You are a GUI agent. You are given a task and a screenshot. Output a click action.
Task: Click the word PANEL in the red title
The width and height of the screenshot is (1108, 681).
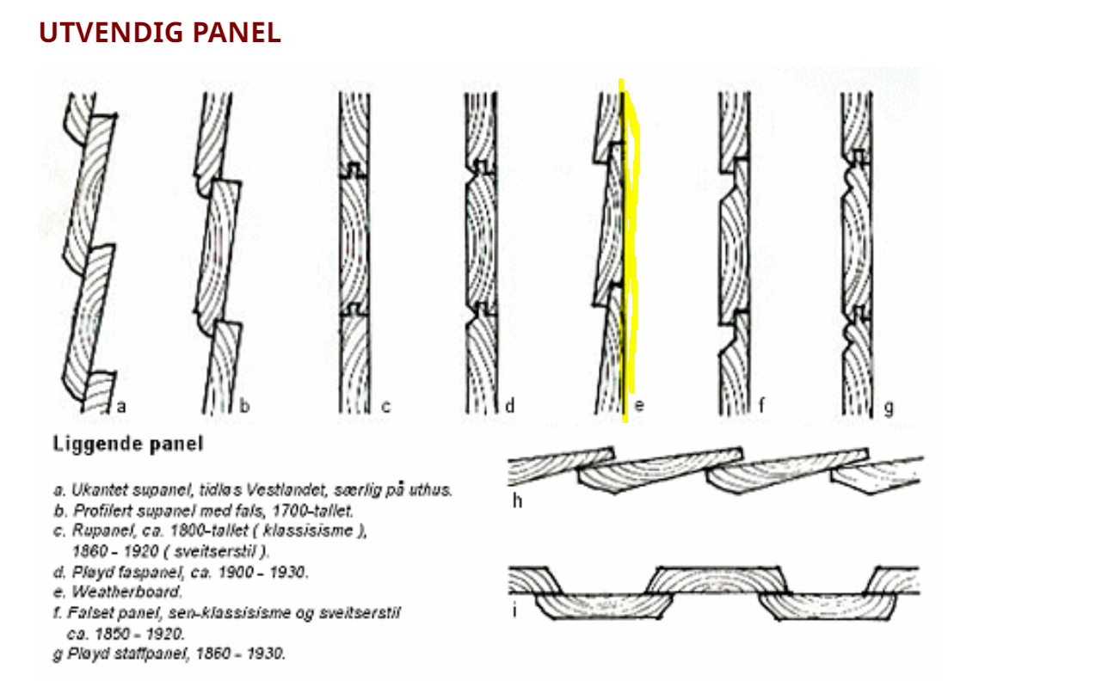[237, 33]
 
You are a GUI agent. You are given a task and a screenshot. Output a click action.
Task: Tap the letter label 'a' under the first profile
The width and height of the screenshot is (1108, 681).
[121, 407]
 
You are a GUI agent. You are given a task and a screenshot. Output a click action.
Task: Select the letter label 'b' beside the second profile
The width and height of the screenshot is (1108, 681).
[244, 406]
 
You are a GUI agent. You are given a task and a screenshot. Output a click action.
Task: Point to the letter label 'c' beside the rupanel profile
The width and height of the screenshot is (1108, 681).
[385, 407]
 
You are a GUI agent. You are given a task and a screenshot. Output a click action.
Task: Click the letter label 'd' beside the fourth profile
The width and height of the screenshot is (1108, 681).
[510, 406]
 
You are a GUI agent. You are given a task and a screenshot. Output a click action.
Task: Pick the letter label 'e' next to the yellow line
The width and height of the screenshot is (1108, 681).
[639, 407]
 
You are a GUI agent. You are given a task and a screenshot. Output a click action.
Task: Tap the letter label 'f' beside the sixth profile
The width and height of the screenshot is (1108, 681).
[762, 406]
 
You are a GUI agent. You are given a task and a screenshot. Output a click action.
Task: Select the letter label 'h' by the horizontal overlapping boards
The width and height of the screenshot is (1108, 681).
[517, 501]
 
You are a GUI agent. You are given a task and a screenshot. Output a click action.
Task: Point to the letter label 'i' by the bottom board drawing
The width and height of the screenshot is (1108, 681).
[515, 610]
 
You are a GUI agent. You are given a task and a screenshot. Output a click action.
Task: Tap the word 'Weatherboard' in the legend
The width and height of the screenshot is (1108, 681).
[126, 592]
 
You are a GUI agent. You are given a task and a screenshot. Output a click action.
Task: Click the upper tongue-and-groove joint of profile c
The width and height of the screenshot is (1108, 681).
[354, 171]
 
